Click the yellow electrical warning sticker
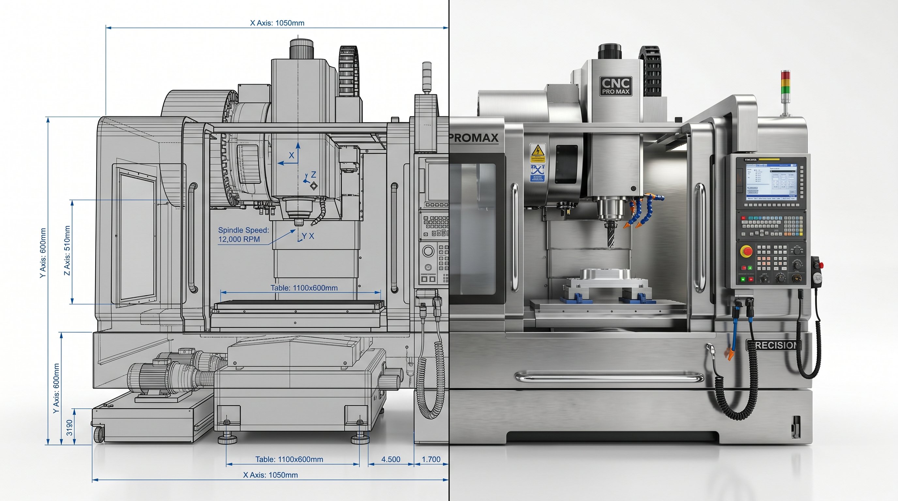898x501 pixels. pos(537,153)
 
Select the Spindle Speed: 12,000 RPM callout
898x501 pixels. pos(243,235)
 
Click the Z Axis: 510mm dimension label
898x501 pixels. pos(67,250)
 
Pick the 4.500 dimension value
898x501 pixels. pos(391,459)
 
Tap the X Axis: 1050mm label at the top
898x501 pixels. pos(277,23)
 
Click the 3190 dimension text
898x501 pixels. pos(70,427)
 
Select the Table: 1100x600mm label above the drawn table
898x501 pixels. pos(304,288)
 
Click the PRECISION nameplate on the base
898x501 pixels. pos(774,345)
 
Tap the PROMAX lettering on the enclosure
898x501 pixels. pos(474,138)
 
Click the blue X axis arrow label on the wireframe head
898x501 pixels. pos(292,155)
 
